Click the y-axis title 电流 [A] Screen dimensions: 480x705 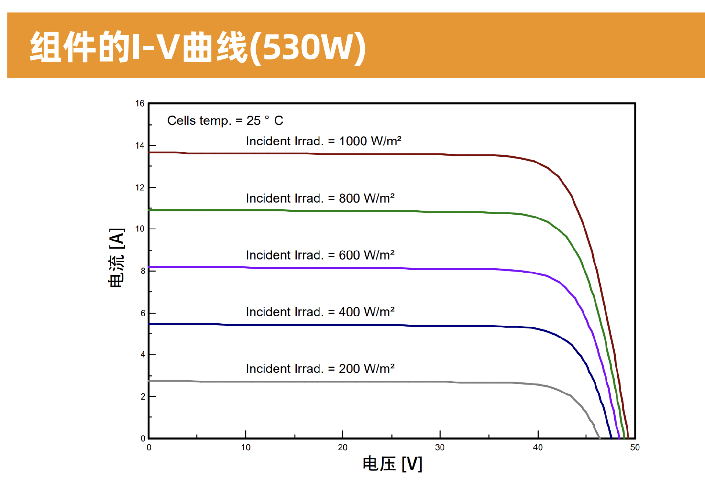117,258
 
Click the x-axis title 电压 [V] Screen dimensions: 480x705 392,464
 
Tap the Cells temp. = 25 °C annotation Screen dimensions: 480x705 225,120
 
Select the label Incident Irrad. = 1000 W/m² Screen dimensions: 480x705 323,141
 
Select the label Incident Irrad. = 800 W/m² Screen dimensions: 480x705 320,198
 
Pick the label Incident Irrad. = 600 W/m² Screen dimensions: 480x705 320,255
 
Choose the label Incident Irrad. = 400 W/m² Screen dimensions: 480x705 320,312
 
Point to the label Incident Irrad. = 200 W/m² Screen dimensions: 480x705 320,368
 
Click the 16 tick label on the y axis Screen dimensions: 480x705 140,103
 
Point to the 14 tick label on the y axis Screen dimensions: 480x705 140,146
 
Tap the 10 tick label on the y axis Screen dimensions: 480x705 140,229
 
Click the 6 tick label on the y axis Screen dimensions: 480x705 142,313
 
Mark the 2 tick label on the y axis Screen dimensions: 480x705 142,397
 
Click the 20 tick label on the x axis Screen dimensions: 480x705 343,447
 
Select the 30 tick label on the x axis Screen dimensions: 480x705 440,447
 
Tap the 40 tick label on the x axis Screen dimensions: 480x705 538,447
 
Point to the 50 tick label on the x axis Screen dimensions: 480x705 634,447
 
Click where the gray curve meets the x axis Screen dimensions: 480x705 600,438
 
